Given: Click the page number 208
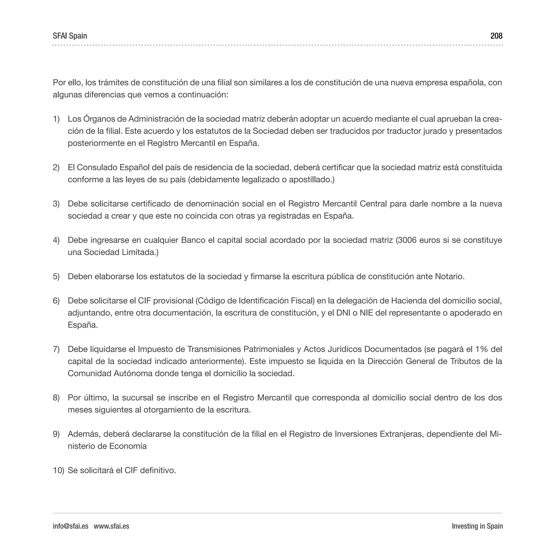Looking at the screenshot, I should [x=496, y=36].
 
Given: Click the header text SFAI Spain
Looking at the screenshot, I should [x=70, y=36].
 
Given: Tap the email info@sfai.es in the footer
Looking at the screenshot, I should [x=70, y=526].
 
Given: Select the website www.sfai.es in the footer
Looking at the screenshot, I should [x=111, y=526].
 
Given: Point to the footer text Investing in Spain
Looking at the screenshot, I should [x=477, y=526].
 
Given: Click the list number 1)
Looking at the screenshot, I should [x=56, y=119].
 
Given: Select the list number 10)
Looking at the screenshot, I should [x=58, y=470].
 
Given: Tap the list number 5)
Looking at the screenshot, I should [x=56, y=276].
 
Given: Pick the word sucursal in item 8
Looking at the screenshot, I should [x=138, y=398].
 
